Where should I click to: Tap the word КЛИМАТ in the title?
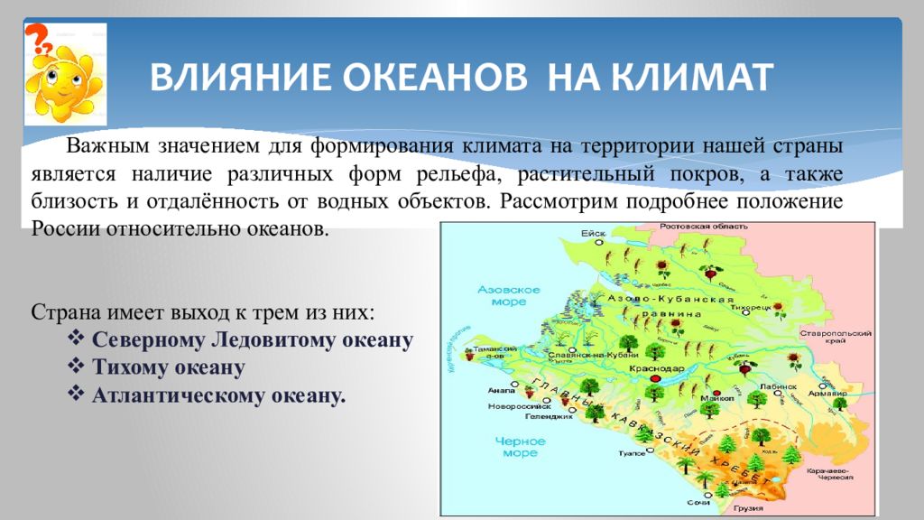click(x=691, y=78)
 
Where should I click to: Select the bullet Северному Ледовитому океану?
click(x=253, y=340)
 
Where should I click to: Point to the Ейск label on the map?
click(x=592, y=233)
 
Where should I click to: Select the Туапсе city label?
click(x=630, y=454)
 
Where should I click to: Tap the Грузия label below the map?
click(x=742, y=508)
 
